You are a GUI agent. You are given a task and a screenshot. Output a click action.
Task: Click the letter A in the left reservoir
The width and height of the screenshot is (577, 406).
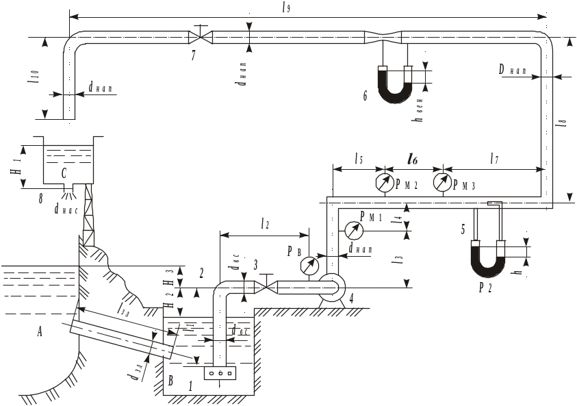click(x=40, y=332)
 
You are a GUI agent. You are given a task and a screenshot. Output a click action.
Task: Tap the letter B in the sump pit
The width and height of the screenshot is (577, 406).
click(x=170, y=381)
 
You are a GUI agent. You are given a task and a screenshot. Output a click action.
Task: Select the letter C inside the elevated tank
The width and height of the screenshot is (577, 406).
click(x=64, y=174)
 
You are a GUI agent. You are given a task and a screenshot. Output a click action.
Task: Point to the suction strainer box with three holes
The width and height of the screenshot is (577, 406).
click(x=220, y=373)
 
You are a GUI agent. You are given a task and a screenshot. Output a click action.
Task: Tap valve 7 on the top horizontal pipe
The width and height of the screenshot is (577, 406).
click(x=201, y=36)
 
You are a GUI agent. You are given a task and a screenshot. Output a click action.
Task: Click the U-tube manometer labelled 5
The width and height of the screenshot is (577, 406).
click(x=489, y=257)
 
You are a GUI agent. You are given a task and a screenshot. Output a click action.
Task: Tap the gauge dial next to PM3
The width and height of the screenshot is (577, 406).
click(x=442, y=183)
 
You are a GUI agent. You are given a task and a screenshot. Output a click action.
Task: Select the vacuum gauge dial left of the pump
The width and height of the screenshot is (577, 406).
click(x=310, y=264)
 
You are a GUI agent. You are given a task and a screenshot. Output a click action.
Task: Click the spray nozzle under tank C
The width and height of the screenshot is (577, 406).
click(x=69, y=192)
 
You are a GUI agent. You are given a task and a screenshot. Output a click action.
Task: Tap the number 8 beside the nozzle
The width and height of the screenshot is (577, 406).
click(x=41, y=199)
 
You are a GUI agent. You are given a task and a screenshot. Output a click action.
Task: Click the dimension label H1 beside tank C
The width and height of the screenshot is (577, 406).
click(x=15, y=165)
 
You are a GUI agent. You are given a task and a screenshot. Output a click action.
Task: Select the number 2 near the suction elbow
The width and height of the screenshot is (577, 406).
click(x=201, y=273)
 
